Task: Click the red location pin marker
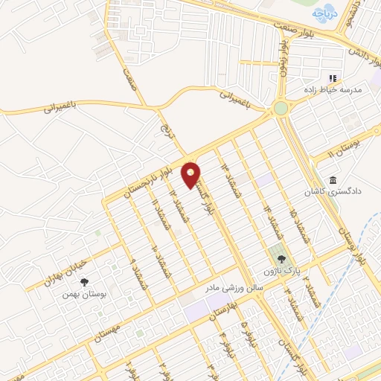[x=191, y=175]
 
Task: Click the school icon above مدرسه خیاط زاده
[x=333, y=77]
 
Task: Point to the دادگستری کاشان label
[x=331, y=191]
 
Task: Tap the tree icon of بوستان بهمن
[x=83, y=281]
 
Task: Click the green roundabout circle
[x=281, y=109]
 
